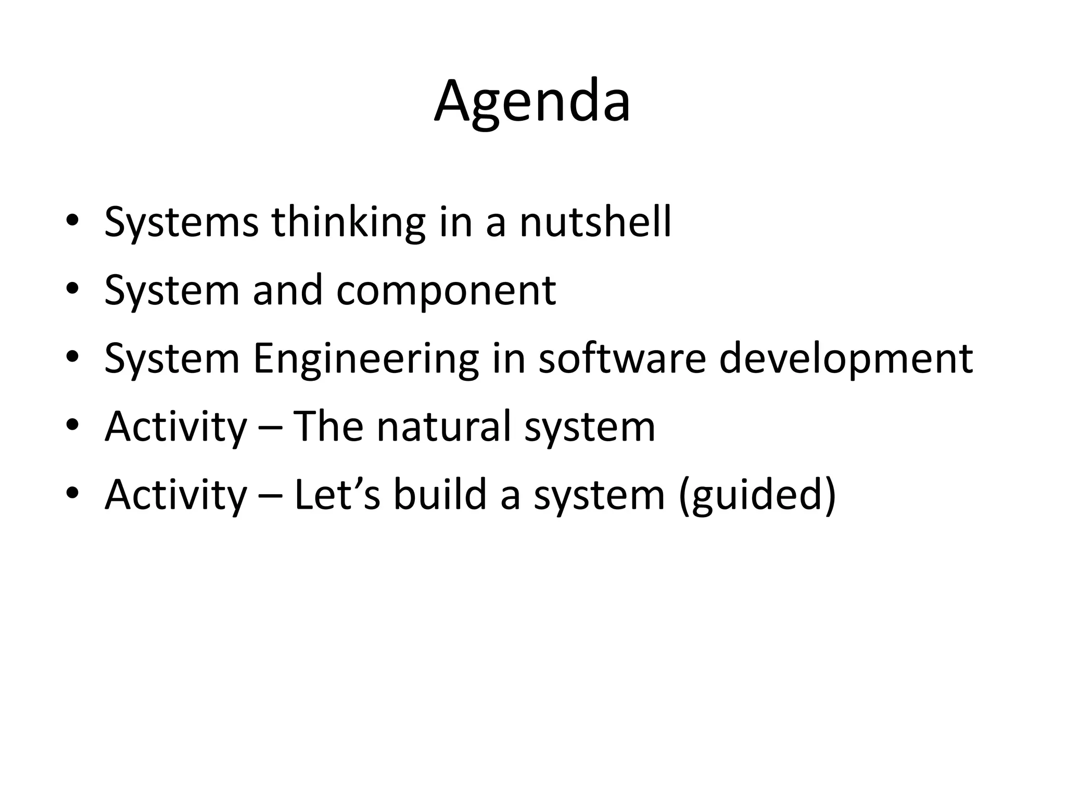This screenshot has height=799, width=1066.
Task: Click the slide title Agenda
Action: (532, 102)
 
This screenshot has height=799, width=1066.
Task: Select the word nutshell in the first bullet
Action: (595, 223)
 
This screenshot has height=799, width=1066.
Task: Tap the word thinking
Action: (348, 223)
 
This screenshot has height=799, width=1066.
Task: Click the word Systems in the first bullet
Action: (181, 223)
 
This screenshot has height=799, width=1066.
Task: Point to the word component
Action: (446, 291)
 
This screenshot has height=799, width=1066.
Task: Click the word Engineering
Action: (365, 359)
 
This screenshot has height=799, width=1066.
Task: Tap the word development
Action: (845, 359)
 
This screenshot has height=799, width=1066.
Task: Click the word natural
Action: (443, 427)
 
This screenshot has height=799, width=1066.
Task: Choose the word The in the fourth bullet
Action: (328, 427)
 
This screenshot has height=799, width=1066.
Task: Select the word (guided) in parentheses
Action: (758, 495)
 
